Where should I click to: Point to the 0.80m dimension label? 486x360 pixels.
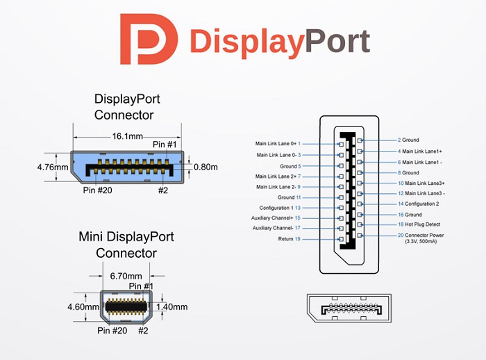point(206,167)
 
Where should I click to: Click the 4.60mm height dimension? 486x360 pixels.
point(82,306)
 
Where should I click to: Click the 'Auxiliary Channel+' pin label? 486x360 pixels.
point(276,218)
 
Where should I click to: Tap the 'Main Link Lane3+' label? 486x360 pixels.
point(421,183)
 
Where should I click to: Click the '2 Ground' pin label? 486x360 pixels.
point(408,140)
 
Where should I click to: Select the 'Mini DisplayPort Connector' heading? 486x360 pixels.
point(126,245)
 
